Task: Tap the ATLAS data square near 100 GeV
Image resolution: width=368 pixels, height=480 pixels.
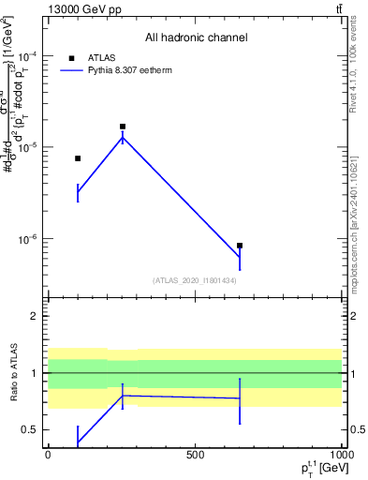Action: (78, 158)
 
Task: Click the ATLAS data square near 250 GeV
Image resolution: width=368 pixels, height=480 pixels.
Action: (123, 127)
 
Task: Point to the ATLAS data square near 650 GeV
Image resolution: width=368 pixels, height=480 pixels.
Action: (240, 246)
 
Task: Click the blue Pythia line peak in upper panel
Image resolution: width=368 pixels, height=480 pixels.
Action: (123, 138)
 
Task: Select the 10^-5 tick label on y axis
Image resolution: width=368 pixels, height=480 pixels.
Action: (26, 147)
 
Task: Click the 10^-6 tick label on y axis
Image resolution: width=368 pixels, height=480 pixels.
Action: (26, 239)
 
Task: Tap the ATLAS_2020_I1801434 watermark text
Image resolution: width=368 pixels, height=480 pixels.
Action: (195, 280)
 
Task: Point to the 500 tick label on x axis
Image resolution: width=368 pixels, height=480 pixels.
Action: (195, 455)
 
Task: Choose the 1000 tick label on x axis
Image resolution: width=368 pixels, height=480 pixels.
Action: (341, 455)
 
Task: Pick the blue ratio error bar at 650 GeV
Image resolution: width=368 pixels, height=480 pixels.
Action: (240, 400)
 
